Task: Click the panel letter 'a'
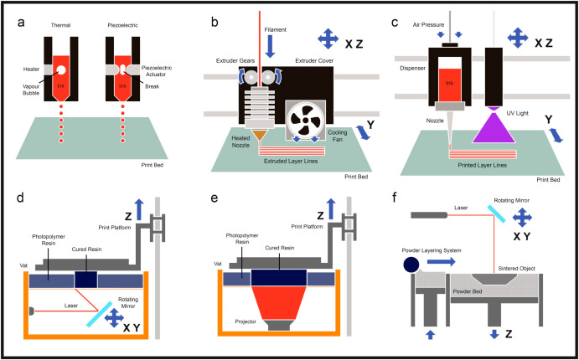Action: (19, 22)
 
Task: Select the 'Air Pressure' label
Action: (425, 25)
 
